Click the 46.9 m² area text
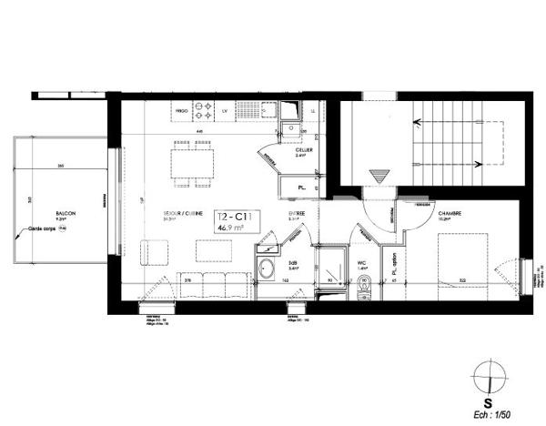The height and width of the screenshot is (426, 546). click(x=234, y=229)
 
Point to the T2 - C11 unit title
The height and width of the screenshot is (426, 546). click(x=234, y=217)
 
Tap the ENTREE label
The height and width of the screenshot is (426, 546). click(x=294, y=215)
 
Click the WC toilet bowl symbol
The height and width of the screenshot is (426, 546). click(x=364, y=289)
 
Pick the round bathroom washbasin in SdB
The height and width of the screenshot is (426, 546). click(x=269, y=269)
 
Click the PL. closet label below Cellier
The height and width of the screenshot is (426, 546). click(x=301, y=188)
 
